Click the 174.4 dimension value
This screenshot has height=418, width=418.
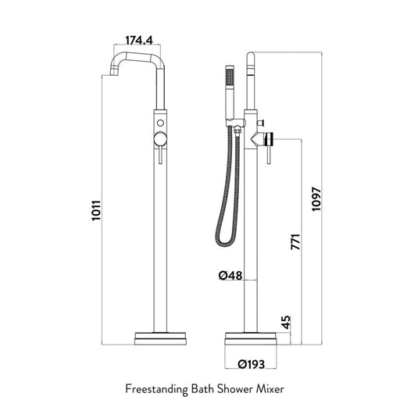point(139,41)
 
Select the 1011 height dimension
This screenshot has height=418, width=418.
point(96,210)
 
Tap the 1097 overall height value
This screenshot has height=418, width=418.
point(316,199)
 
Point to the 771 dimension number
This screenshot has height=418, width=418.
point(295,241)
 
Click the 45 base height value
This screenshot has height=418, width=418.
point(285,322)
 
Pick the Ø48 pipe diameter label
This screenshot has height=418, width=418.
point(230,275)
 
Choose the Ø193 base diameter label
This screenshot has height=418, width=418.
point(252,364)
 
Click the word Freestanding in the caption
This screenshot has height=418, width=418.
point(157,389)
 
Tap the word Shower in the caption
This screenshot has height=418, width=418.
point(234,389)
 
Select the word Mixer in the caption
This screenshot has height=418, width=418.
point(270,389)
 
